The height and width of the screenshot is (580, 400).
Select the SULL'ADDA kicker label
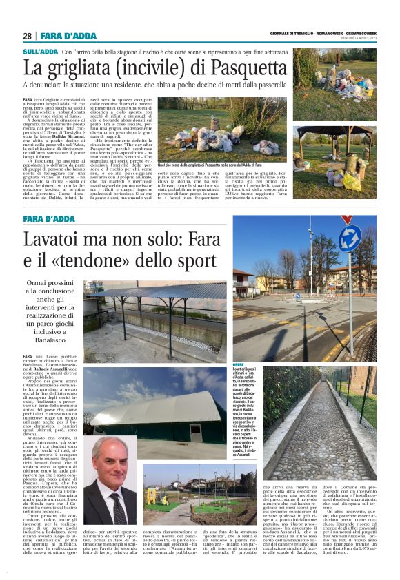click(40, 52)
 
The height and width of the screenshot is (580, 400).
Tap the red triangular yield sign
click(348, 220)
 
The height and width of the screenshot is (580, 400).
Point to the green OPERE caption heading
click(239, 365)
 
